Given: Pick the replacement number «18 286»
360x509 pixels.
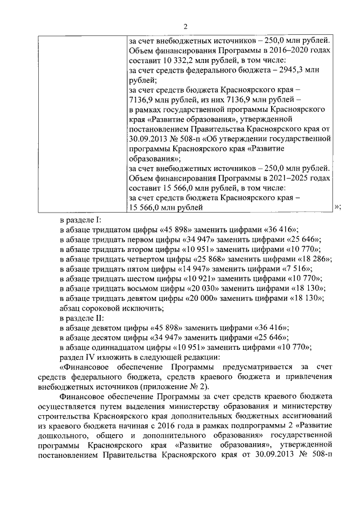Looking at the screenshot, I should (x=313, y=259).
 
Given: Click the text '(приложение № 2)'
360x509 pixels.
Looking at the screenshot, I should (x=179, y=387).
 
